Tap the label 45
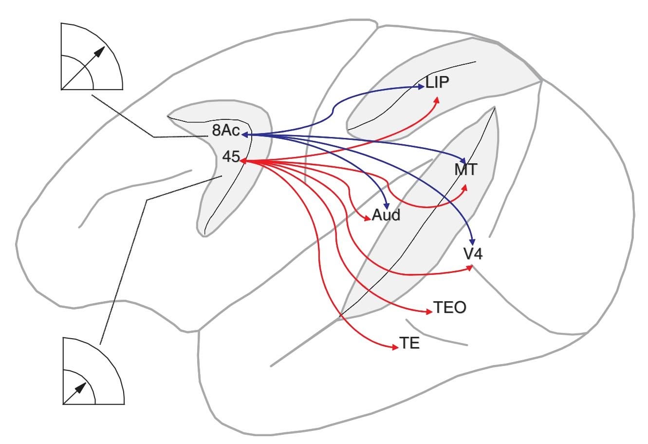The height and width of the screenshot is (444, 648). tap(230, 157)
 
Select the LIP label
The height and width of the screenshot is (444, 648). tap(437, 82)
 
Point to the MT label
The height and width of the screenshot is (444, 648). tap(466, 170)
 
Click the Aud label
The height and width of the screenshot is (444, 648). tap(386, 215)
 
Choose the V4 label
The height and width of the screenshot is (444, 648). tap(473, 254)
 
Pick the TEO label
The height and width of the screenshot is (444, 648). tap(449, 307)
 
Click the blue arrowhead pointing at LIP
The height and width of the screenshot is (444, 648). tap(421, 87)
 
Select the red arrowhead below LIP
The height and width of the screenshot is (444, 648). tap(437, 100)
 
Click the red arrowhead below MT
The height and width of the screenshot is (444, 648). tap(465, 188)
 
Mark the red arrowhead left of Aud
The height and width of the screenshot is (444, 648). tap(368, 219)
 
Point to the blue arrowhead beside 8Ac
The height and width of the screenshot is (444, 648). tap(245, 134)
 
